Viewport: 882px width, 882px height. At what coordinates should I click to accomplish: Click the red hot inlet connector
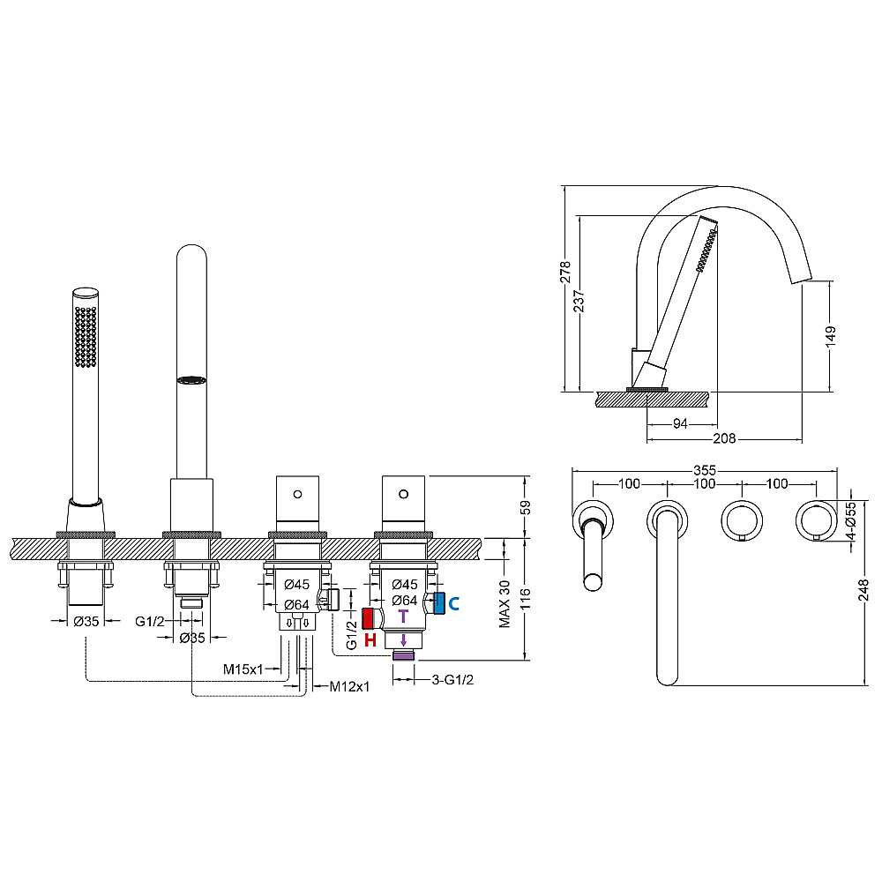pyautogui.click(x=368, y=619)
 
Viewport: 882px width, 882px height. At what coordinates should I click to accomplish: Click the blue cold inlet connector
pyautogui.click(x=439, y=603)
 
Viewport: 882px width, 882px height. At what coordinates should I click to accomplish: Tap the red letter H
pyautogui.click(x=370, y=640)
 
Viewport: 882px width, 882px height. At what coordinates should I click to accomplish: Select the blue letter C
pyautogui.click(x=454, y=604)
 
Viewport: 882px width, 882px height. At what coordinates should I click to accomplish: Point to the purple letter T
pyautogui.click(x=403, y=617)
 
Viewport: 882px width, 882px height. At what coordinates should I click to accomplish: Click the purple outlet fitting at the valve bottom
pyautogui.click(x=403, y=654)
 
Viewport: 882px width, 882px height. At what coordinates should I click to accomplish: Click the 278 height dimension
pyautogui.click(x=565, y=273)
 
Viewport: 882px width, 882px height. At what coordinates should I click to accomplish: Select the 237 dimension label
pyautogui.click(x=579, y=301)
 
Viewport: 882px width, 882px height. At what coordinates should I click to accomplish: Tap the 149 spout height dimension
pyautogui.click(x=831, y=336)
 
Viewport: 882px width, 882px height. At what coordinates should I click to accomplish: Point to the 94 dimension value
pyautogui.click(x=680, y=423)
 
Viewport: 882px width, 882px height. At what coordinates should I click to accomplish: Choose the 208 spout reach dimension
pyautogui.click(x=724, y=438)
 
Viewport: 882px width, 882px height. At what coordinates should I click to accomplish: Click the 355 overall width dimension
pyautogui.click(x=704, y=470)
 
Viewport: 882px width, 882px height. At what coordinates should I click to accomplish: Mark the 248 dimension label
pyautogui.click(x=863, y=590)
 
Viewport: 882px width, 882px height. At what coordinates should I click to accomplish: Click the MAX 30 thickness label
pyautogui.click(x=505, y=604)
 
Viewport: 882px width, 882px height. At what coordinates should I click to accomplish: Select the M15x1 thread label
pyautogui.click(x=243, y=669)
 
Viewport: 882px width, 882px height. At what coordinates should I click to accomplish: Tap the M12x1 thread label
pyautogui.click(x=349, y=686)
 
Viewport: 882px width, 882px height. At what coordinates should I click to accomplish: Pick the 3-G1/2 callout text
pyautogui.click(x=452, y=679)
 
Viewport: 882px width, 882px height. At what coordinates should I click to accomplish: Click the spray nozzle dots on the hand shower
pyautogui.click(x=86, y=337)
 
